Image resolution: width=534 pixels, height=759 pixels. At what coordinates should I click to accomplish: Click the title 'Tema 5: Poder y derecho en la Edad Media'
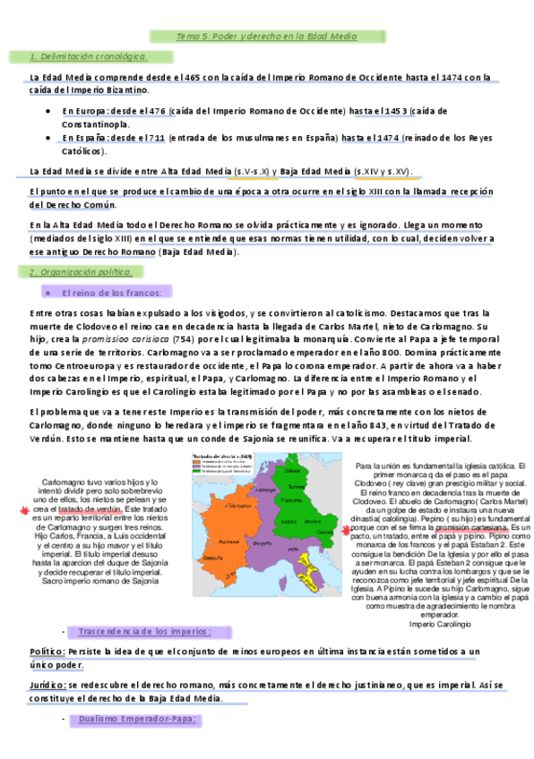266,37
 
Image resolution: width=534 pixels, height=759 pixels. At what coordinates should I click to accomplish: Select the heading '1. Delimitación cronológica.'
89,57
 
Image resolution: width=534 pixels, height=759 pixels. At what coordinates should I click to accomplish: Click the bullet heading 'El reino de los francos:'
111,293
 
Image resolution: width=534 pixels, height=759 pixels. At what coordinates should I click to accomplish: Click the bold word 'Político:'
47,627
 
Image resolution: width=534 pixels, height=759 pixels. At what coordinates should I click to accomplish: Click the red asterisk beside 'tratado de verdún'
23,510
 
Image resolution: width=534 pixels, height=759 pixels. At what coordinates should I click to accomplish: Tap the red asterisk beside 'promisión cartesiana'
346,530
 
